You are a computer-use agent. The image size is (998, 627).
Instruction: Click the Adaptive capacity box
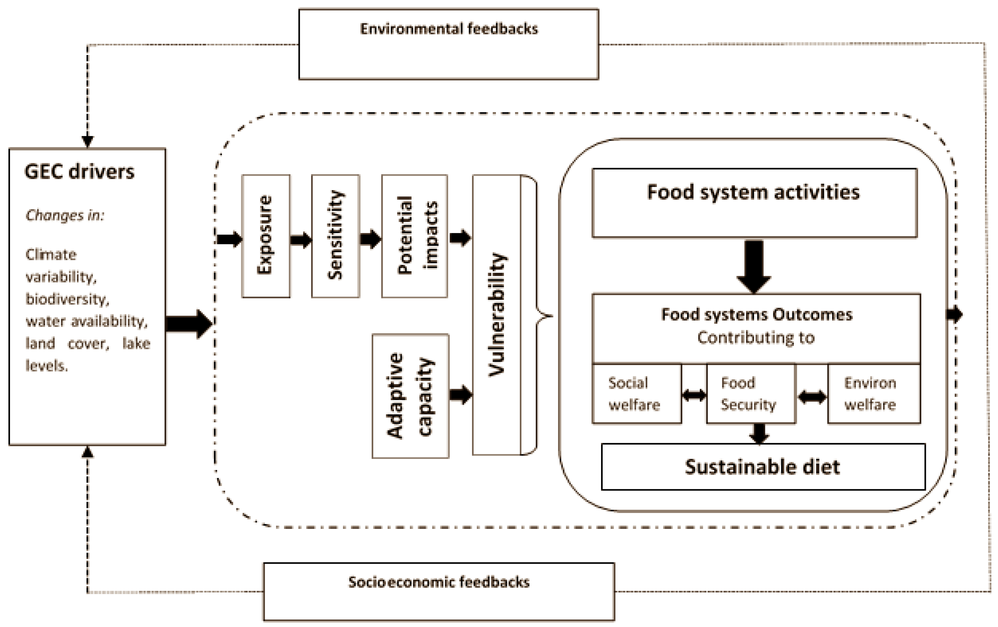[x=410, y=396]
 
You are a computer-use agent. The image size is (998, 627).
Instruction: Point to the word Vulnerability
[x=497, y=315]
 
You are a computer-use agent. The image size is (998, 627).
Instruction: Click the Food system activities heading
[x=753, y=193]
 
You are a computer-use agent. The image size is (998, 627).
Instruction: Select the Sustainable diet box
[x=762, y=467]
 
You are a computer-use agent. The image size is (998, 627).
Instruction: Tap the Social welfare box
[x=636, y=394]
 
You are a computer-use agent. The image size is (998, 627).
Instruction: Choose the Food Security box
[x=750, y=394]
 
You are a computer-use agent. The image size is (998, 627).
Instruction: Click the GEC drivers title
[x=80, y=172]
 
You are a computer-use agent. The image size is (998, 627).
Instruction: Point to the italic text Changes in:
[x=65, y=215]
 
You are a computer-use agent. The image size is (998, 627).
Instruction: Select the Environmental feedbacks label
[x=449, y=29]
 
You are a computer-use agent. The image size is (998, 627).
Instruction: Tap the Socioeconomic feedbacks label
[x=438, y=582]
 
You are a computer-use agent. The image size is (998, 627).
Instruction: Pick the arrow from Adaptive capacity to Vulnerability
[x=460, y=394]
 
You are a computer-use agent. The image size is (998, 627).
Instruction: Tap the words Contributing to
[x=756, y=338]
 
